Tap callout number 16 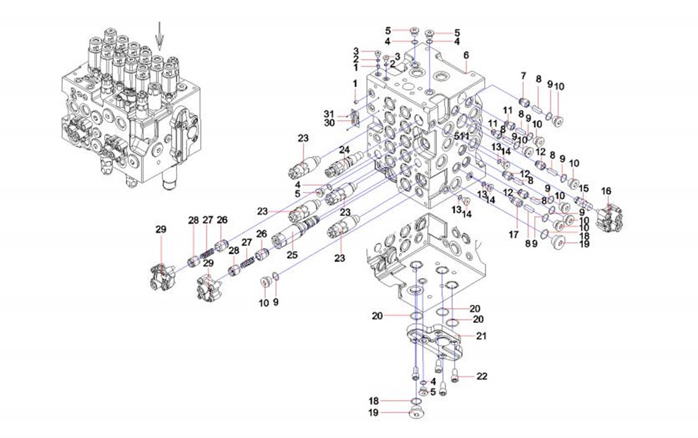(x=606, y=191)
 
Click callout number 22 (x=483, y=376)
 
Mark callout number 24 (x=344, y=149)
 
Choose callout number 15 (x=584, y=188)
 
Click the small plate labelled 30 (x=355, y=118)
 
